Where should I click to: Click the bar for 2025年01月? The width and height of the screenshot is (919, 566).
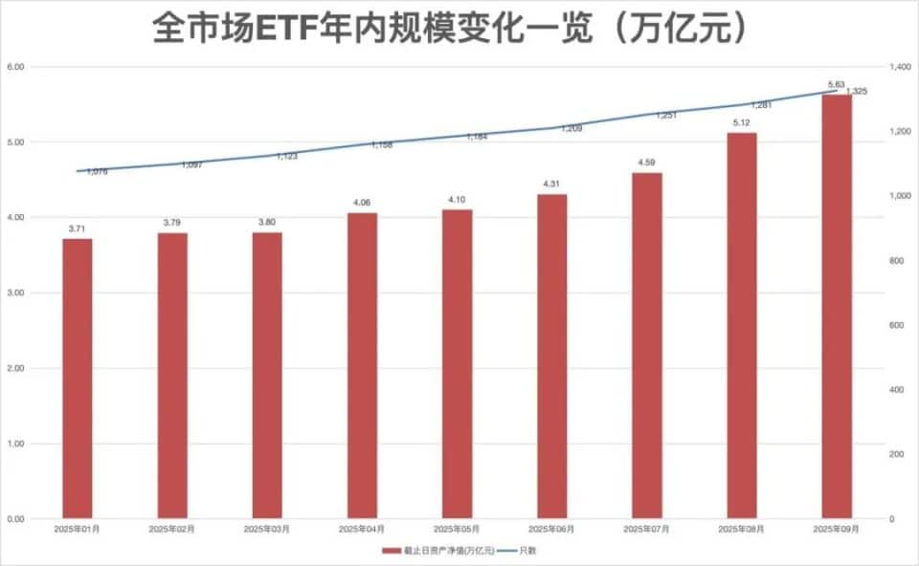click(78, 379)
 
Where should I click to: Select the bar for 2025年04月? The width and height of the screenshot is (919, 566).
click(363, 365)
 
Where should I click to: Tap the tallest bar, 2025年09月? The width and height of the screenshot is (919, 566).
click(837, 306)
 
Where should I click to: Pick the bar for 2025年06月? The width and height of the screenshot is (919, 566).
click(552, 356)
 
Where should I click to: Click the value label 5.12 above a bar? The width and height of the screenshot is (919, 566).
click(742, 123)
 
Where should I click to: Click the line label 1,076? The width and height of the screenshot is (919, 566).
click(97, 172)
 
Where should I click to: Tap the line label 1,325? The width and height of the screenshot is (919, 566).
click(856, 92)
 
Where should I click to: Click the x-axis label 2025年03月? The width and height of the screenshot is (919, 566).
click(268, 529)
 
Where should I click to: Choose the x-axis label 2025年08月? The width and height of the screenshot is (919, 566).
click(742, 529)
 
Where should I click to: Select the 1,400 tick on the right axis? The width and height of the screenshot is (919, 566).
click(897, 67)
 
